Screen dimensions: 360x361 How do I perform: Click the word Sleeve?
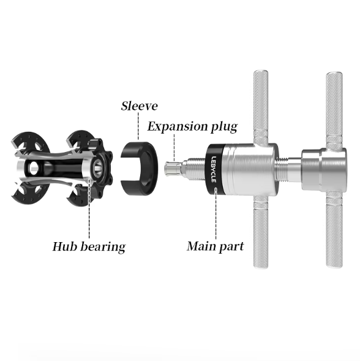click(x=140, y=106)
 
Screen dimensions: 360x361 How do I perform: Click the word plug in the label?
click(x=224, y=127)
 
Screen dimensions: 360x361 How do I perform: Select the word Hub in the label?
click(x=65, y=246)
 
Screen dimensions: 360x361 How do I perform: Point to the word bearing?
click(x=103, y=247)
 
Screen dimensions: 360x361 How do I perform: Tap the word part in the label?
click(x=230, y=247)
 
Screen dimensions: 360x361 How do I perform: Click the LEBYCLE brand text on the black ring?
click(x=214, y=169)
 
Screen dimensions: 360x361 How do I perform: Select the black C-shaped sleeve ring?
click(x=139, y=169)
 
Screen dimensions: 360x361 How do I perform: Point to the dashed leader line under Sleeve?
click(x=138, y=126)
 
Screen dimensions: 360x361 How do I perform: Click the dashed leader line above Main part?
click(x=216, y=215)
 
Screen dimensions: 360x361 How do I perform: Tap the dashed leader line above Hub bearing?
click(x=89, y=208)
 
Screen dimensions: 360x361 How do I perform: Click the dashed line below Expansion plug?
click(x=174, y=148)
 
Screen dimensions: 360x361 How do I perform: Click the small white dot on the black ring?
click(x=216, y=189)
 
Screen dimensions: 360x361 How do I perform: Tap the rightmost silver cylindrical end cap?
click(x=324, y=170)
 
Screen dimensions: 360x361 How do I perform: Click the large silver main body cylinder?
click(x=251, y=169)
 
